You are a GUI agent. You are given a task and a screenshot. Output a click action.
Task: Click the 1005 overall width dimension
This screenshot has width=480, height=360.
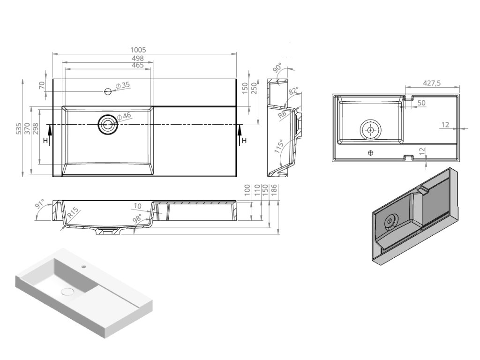click(x=139, y=50)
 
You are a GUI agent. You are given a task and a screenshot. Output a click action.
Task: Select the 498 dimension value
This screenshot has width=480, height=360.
click(x=137, y=58)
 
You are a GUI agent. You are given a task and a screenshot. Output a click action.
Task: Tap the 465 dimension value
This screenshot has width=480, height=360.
click(x=137, y=66)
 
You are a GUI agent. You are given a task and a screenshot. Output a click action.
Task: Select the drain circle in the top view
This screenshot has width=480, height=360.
click(x=108, y=125)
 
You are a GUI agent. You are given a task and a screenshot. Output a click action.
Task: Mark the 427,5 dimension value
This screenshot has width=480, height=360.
click(x=432, y=82)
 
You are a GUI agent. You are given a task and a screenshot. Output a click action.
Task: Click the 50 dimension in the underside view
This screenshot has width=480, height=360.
click(x=421, y=103)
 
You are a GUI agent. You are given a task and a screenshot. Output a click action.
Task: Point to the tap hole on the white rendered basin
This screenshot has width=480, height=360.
click(x=84, y=267)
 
